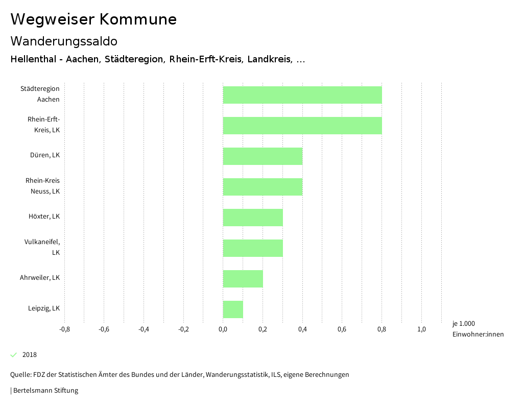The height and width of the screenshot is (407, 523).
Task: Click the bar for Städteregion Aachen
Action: (x=302, y=95)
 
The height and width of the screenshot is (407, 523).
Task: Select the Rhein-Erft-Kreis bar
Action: (x=302, y=126)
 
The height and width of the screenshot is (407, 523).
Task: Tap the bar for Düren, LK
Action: (x=263, y=156)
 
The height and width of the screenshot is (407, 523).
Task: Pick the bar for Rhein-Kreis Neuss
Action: (x=263, y=187)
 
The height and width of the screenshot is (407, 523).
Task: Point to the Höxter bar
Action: (x=253, y=218)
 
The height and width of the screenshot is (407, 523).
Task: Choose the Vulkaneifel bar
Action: (x=253, y=248)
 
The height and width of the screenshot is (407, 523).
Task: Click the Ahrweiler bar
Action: (x=243, y=279)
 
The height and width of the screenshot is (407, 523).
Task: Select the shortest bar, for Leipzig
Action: (x=233, y=309)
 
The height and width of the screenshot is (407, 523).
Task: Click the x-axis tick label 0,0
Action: (x=223, y=329)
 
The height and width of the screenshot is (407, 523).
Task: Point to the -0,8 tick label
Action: (x=64, y=329)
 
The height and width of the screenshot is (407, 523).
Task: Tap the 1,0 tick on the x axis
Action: (x=421, y=329)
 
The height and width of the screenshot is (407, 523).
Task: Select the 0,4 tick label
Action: (x=302, y=329)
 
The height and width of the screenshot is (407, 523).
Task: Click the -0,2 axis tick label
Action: (x=183, y=329)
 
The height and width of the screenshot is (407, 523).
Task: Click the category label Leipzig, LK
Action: (x=44, y=308)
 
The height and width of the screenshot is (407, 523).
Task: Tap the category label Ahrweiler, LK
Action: (x=40, y=278)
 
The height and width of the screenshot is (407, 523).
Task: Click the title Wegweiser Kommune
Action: (x=93, y=19)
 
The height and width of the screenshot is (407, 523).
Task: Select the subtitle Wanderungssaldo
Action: (x=64, y=41)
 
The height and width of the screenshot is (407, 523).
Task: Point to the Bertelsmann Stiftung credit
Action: (x=45, y=391)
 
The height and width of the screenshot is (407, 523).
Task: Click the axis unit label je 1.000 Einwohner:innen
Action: (x=478, y=329)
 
